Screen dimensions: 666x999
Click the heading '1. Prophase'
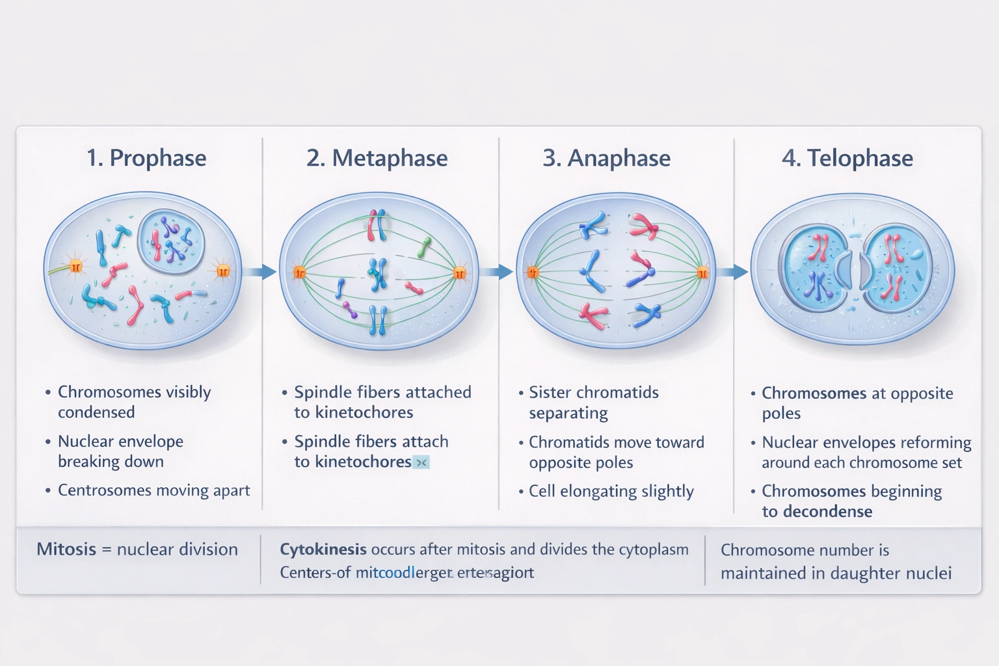146,158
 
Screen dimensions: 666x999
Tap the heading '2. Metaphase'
377,158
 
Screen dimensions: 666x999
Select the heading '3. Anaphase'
606,158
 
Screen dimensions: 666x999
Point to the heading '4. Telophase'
847,158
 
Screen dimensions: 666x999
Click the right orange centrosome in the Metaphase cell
460,273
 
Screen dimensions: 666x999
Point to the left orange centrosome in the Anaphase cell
533,273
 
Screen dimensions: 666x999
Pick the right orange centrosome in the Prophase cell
223,270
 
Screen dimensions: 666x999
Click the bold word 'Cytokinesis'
323,550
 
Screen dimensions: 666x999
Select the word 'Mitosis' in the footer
66,550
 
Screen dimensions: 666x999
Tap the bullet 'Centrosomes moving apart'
153,490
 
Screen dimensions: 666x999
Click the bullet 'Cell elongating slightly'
611,491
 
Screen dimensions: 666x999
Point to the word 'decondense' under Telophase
827,512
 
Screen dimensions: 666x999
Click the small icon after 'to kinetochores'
421,462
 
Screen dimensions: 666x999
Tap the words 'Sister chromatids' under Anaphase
593,392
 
